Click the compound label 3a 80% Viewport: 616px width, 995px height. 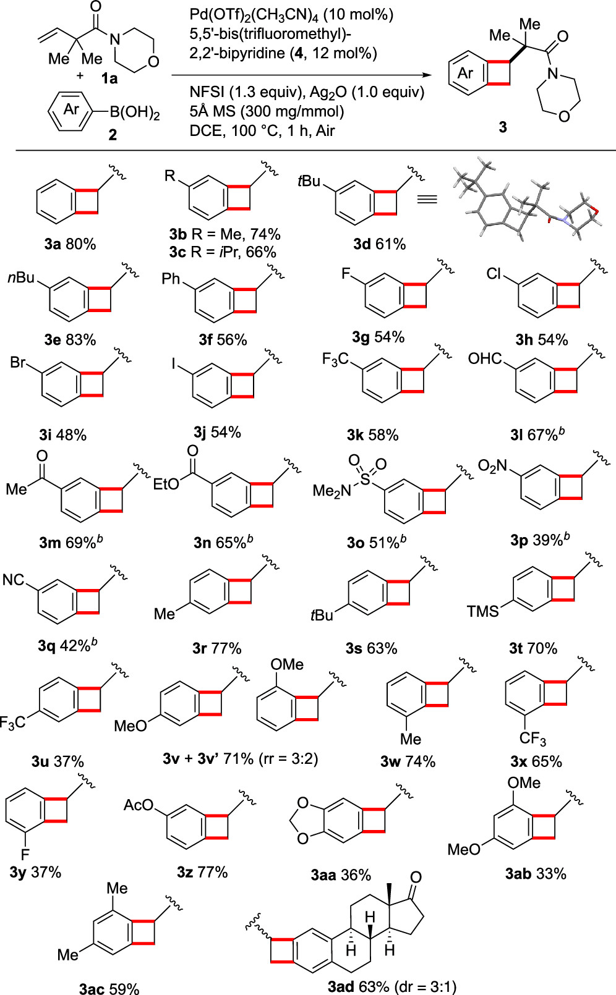[x=70, y=244]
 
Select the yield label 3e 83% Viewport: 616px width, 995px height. [x=70, y=339]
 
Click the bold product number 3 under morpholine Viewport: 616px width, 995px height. [x=503, y=127]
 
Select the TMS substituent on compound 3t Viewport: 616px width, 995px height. [x=482, y=612]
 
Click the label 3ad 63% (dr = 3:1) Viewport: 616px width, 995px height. [x=392, y=986]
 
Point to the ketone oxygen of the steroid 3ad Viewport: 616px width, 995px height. [x=416, y=877]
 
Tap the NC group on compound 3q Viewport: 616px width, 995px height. [x=14, y=580]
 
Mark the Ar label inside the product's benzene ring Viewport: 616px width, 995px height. [x=465, y=73]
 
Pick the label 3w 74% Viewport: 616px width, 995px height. [x=408, y=761]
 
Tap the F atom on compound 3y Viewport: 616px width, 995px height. [x=25, y=855]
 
